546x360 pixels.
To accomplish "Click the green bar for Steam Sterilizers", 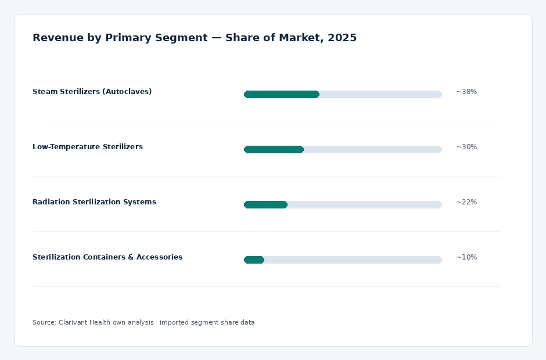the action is (282, 94).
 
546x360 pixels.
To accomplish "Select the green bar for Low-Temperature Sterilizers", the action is (274, 149).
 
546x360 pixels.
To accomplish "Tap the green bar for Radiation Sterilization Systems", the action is (265, 205).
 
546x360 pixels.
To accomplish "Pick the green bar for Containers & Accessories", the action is (254, 260).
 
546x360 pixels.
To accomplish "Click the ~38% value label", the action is (466, 92).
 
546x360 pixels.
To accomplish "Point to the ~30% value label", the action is (466, 147).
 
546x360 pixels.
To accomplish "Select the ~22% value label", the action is (466, 202).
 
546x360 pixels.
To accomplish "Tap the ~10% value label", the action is (466, 257).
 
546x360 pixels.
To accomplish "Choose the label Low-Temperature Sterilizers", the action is (88, 146).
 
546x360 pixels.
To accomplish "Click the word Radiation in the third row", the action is (51, 202).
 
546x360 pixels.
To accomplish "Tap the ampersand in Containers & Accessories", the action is (131, 257).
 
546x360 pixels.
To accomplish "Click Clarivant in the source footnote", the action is (73, 322).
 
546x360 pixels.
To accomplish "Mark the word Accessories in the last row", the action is (160, 257).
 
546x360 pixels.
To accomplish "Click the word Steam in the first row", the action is (45, 92).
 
